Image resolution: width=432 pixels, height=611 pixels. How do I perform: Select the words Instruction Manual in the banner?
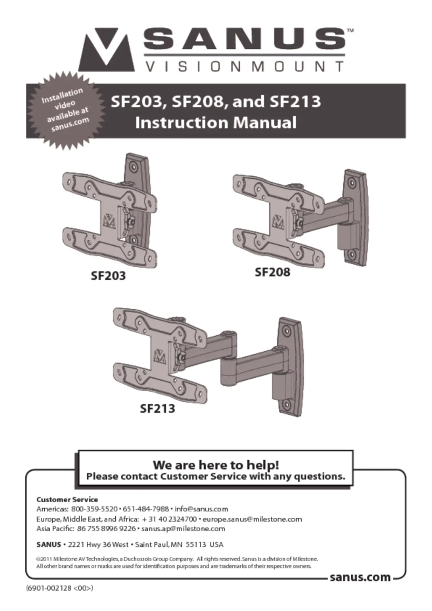216,123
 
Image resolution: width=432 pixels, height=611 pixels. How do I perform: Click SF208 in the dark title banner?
198,102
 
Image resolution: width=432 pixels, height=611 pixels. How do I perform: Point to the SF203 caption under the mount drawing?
108,275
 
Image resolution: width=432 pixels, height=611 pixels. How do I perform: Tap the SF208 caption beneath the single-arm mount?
273,272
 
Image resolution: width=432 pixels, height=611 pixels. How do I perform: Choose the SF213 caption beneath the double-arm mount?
157,408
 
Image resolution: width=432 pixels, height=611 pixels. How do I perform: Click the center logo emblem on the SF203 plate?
109,221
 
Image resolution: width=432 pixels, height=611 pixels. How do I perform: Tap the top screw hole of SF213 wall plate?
287,331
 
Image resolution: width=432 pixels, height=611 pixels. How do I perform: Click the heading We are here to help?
216,464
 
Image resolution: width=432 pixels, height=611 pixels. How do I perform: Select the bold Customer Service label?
67,499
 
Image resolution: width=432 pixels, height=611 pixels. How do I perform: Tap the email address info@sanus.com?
201,509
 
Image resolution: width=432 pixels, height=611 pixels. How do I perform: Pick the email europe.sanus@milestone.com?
253,519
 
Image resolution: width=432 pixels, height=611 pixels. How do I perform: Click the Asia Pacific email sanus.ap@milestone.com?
183,529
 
